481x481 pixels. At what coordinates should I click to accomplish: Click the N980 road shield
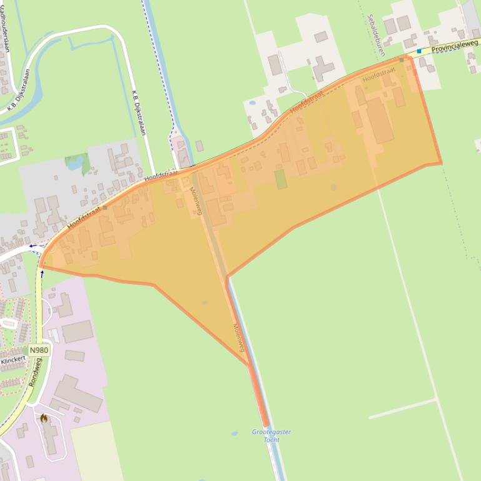38,350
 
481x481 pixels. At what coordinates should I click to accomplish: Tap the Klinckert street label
14,361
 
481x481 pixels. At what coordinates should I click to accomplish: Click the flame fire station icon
44,418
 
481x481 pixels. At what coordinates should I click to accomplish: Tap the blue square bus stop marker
419,51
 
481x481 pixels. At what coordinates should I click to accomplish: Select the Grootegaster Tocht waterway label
271,435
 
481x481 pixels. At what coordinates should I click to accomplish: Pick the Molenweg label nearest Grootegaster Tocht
241,337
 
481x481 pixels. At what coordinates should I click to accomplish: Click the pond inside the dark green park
74,164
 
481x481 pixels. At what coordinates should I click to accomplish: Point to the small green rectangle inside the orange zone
281,179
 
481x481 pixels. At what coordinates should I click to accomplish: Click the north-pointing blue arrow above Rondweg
42,273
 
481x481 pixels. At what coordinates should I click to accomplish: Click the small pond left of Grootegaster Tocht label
234,433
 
